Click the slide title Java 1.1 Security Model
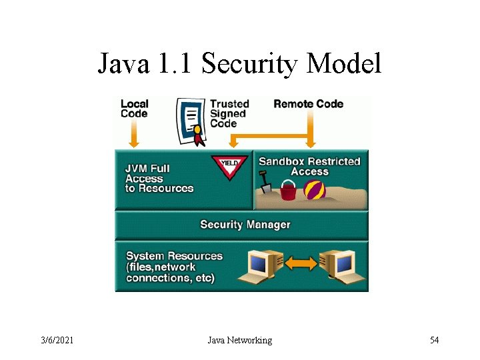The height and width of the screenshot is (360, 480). (239, 64)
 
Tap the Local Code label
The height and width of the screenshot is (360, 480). (134, 108)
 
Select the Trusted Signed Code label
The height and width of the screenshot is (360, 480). (229, 113)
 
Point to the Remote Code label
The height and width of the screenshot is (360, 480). (308, 103)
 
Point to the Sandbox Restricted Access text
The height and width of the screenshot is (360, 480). (309, 166)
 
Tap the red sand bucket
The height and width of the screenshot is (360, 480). (288, 192)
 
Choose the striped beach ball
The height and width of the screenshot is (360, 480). (314, 191)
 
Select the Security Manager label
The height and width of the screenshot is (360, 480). (245, 225)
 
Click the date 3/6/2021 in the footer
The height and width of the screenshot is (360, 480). (58, 341)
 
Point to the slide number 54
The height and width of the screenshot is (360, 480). (434, 341)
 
